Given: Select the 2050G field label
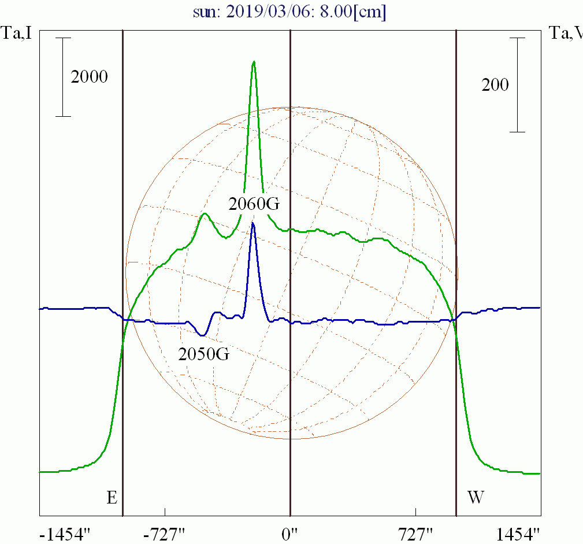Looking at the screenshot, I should tap(203, 354).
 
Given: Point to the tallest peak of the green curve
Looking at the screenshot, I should tap(253, 62).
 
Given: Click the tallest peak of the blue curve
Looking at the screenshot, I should tap(253, 224).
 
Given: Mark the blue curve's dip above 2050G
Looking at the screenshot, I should tap(202, 335).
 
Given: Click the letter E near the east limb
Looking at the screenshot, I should tap(112, 497).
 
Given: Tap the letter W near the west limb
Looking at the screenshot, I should tap(475, 497).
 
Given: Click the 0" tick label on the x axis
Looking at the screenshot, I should tap(289, 534).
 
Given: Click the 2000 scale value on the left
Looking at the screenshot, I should tap(89, 76).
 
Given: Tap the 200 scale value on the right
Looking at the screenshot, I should tap(495, 85).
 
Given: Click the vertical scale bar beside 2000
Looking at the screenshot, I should tap(63, 77).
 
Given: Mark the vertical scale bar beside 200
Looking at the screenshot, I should tap(517, 85).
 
